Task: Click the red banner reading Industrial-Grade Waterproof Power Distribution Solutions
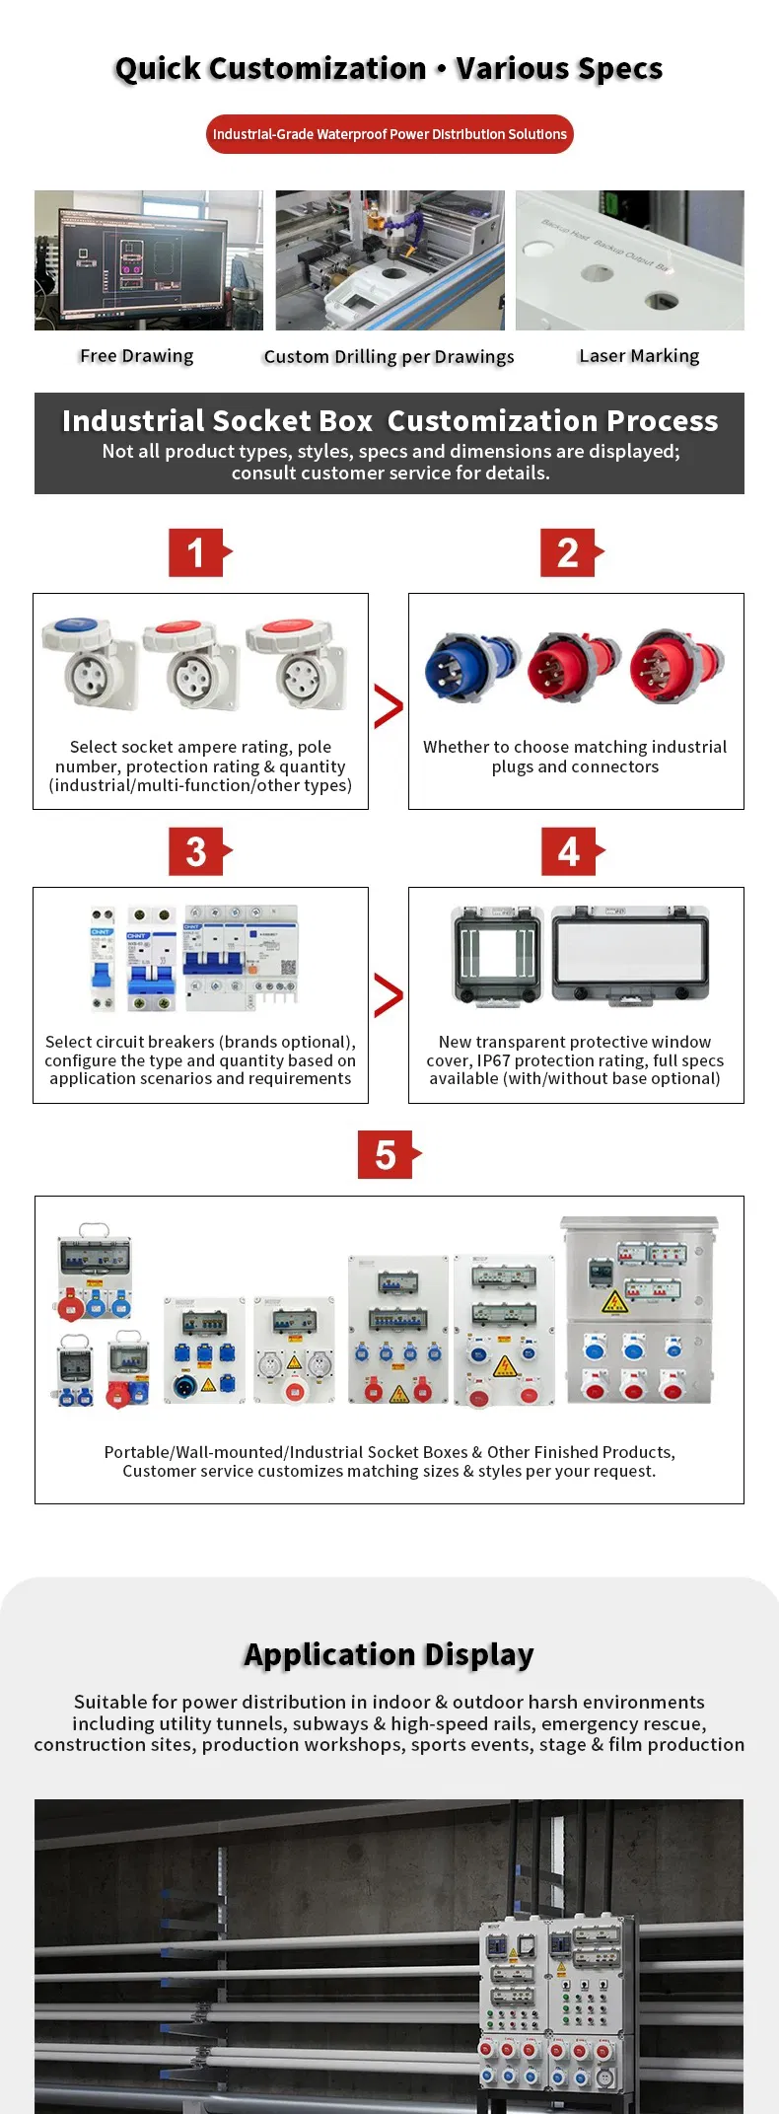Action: [x=389, y=134]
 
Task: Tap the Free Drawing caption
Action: [x=136, y=356]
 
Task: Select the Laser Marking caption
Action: [x=639, y=356]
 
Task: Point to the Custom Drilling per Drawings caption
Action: [x=389, y=357]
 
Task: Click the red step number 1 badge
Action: [x=198, y=552]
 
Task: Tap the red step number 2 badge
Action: [x=570, y=552]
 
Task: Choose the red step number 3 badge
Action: [x=198, y=851]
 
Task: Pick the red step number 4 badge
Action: [x=570, y=851]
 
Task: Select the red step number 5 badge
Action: [x=387, y=1154]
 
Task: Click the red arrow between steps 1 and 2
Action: [x=389, y=706]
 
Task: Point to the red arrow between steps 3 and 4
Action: [x=389, y=995]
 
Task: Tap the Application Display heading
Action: [x=389, y=1654]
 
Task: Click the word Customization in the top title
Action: [x=318, y=69]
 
